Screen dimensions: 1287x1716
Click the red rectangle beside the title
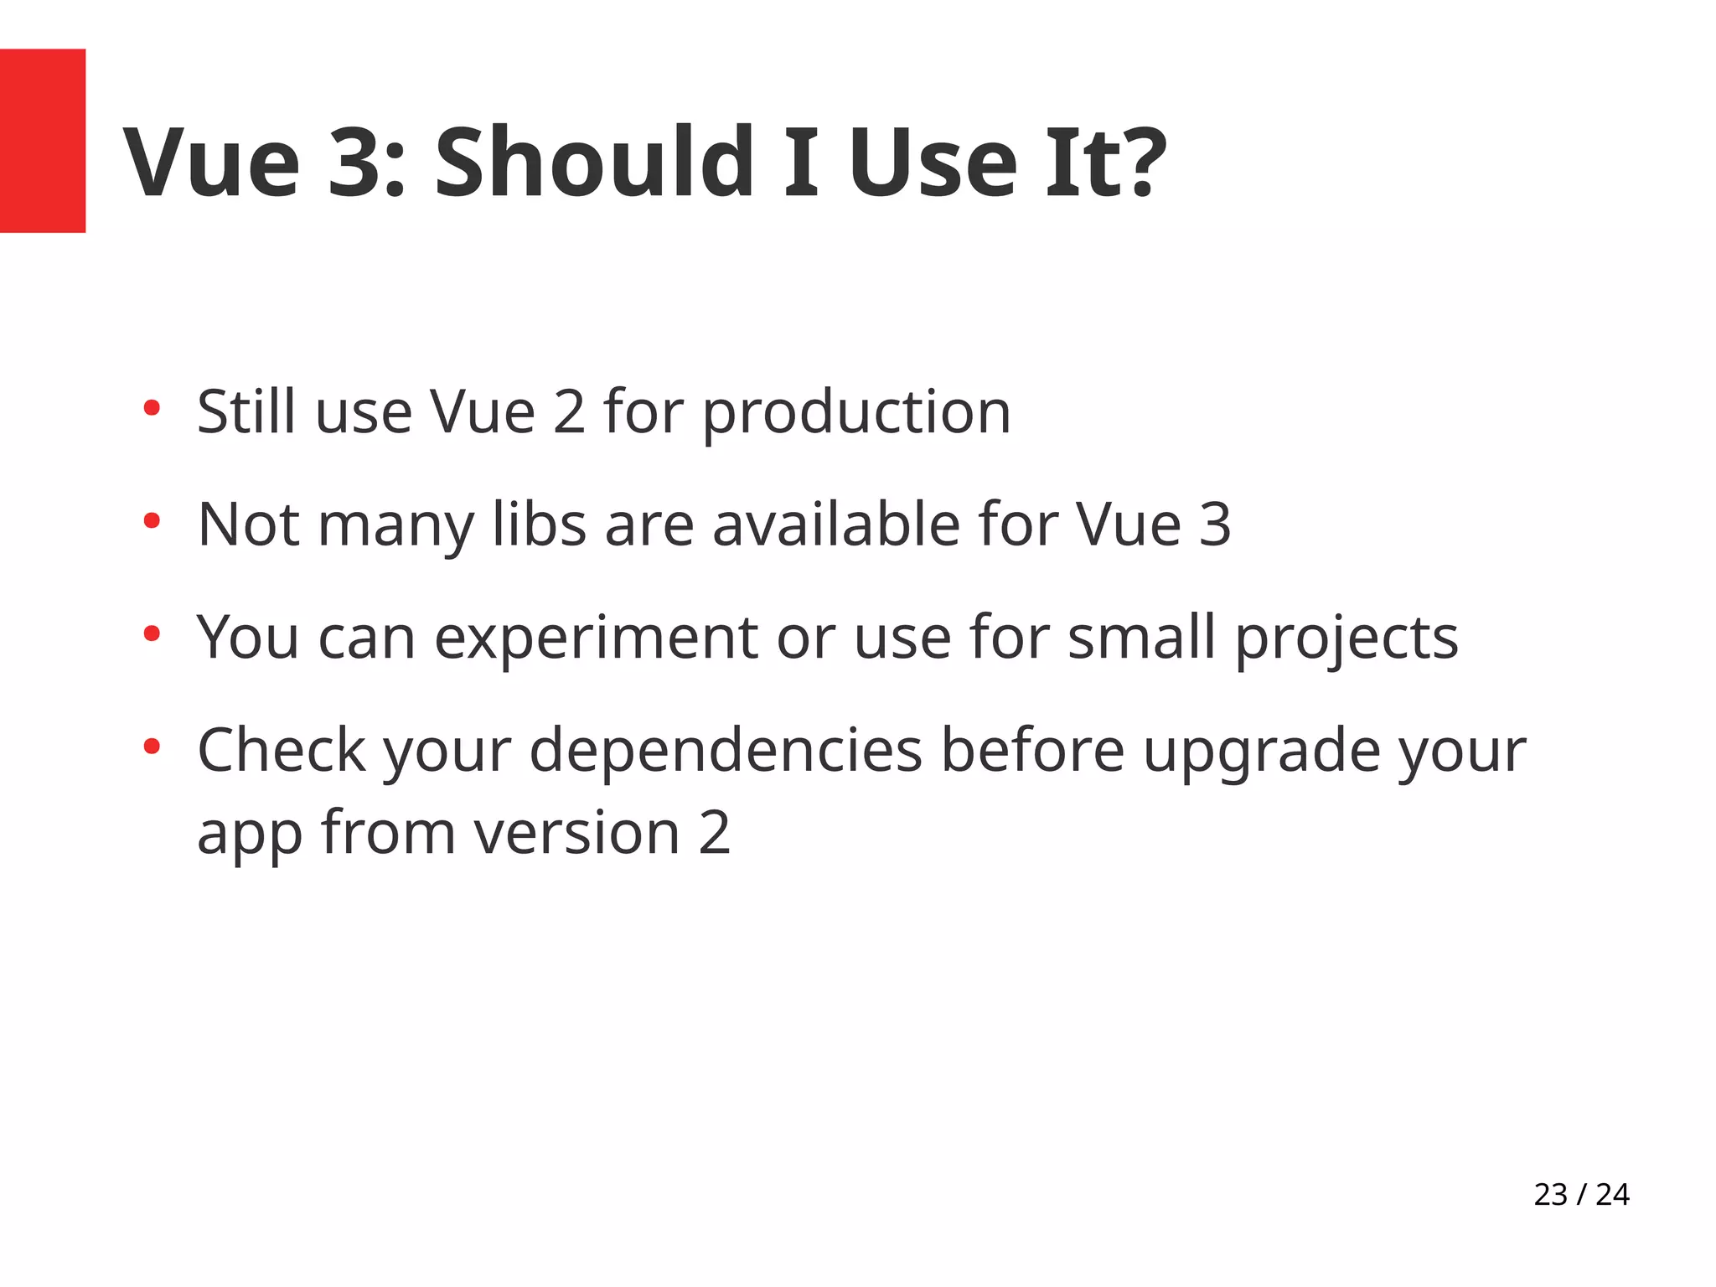pyautogui.click(x=42, y=140)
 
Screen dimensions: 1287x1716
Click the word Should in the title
pyautogui.click(x=594, y=162)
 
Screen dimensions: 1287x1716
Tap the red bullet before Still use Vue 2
pyautogui.click(x=152, y=409)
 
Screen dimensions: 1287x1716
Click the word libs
pyautogui.click(x=539, y=525)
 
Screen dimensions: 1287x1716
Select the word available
pyautogui.click(x=836, y=525)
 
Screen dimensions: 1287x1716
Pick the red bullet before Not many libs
pyautogui.click(x=152, y=522)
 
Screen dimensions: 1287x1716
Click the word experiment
pyautogui.click(x=596, y=638)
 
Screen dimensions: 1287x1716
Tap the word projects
pyautogui.click(x=1346, y=638)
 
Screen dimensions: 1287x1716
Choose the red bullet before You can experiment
pyautogui.click(x=152, y=634)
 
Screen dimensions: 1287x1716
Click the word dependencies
pyautogui.click(x=725, y=750)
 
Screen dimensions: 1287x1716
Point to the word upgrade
pyautogui.click(x=1261, y=752)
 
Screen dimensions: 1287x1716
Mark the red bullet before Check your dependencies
pyautogui.click(x=152, y=746)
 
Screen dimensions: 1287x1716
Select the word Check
pyautogui.click(x=281, y=750)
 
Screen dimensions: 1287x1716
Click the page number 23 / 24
pyautogui.click(x=1581, y=1194)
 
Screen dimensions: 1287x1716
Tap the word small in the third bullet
pyautogui.click(x=1141, y=637)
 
